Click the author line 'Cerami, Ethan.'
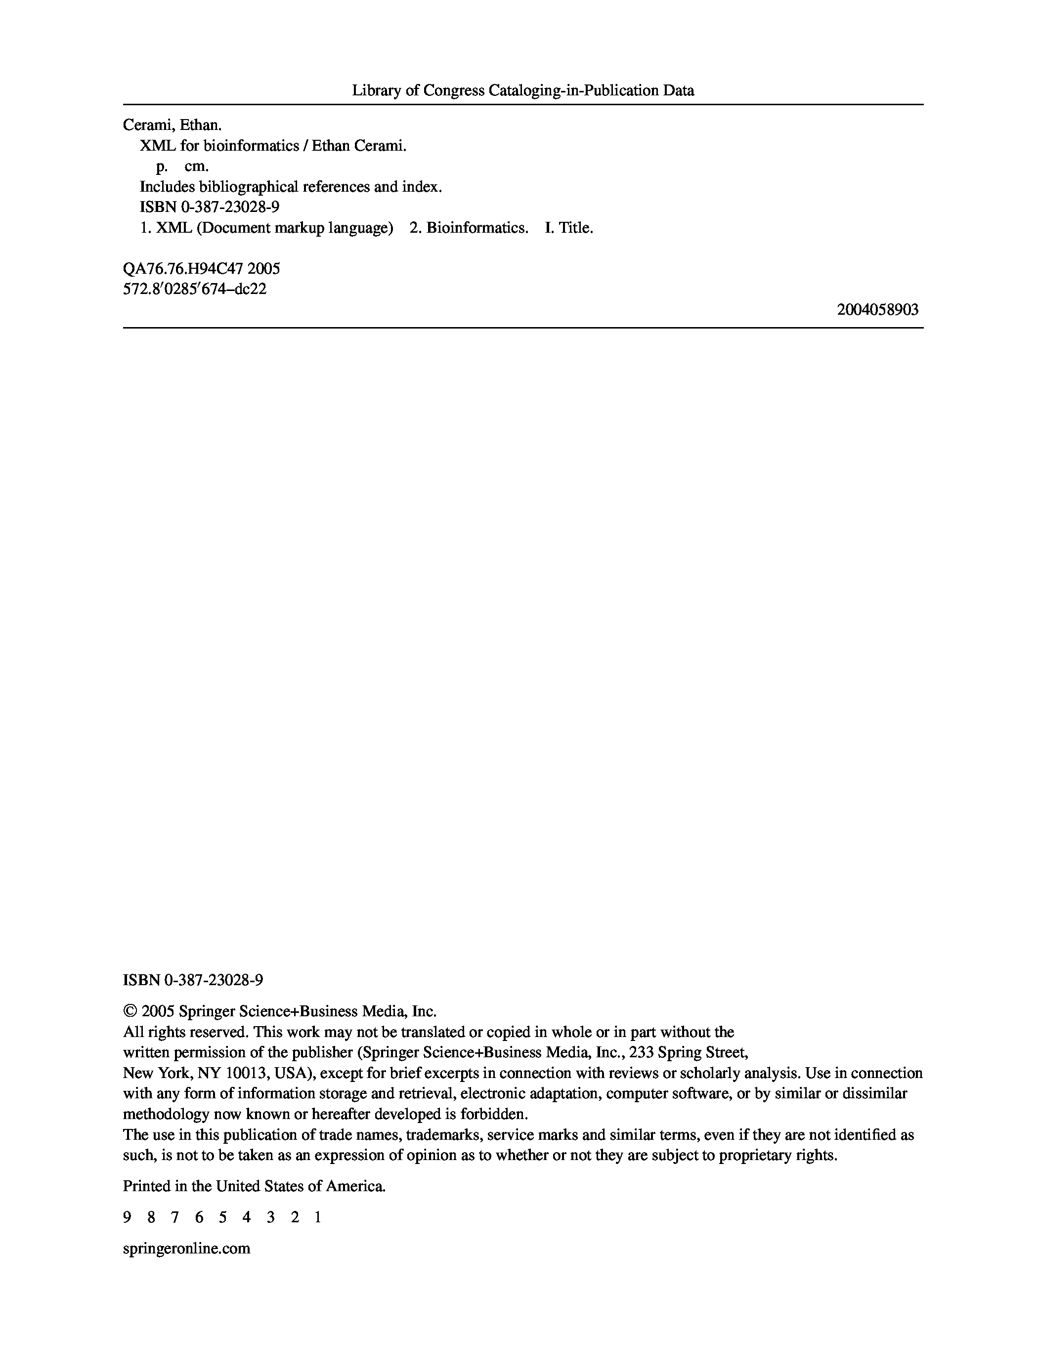[x=172, y=125]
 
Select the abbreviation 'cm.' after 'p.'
[x=197, y=166]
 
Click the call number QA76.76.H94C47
[x=183, y=268]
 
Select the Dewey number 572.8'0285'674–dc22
[x=195, y=289]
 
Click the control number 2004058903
[x=877, y=309]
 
